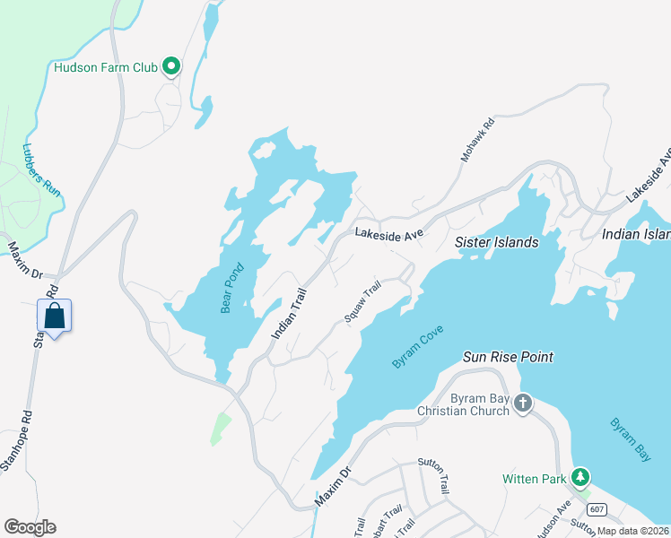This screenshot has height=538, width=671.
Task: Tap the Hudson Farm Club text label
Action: [x=105, y=67]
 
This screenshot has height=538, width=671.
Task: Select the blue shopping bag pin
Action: [x=54, y=317]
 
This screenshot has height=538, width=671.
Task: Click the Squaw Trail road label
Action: [x=363, y=302]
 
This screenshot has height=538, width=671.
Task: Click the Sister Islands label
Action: [x=496, y=242]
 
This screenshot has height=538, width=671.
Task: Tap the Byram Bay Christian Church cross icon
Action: [x=524, y=404]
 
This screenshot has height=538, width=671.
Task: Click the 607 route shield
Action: [x=598, y=510]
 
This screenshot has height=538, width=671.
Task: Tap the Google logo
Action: [x=30, y=527]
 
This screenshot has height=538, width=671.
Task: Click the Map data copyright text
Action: [x=632, y=531]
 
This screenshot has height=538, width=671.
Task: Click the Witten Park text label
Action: [x=534, y=480]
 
